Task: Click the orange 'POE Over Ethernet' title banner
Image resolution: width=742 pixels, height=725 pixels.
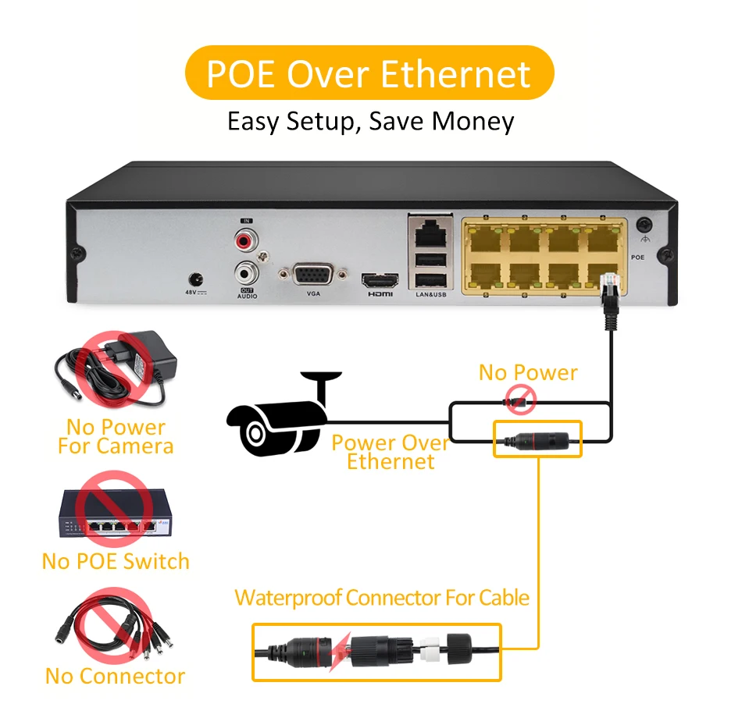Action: [369, 73]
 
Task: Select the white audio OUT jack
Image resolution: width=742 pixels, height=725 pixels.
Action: [246, 273]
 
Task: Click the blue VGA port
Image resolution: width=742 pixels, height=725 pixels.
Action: [312, 275]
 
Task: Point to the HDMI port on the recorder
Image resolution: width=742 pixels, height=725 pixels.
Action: [380, 280]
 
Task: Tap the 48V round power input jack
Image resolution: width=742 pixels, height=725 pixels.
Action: [195, 279]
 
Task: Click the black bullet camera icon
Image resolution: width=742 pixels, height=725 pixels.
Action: [280, 418]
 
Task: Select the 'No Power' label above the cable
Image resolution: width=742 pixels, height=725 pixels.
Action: [528, 372]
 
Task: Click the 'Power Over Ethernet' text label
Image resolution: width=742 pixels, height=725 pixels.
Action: [390, 452]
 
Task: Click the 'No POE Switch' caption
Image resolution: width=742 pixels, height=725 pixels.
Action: [116, 561]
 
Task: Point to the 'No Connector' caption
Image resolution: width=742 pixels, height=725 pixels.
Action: [115, 676]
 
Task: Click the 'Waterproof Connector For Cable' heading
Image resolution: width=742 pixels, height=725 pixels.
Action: [382, 599]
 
